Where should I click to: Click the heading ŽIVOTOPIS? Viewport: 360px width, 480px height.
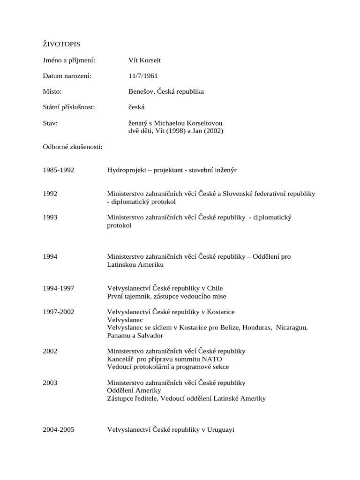click(x=61, y=44)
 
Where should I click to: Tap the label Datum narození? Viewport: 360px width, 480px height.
click(x=67, y=75)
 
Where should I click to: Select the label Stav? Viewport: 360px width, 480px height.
click(x=50, y=123)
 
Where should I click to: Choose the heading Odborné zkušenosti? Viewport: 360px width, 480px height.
click(x=73, y=147)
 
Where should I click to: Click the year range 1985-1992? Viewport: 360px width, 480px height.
click(x=59, y=170)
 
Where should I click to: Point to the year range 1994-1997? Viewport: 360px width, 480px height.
click(x=59, y=288)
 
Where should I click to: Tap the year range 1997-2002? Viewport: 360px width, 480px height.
click(x=59, y=312)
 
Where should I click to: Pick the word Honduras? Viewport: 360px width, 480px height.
click(x=256, y=328)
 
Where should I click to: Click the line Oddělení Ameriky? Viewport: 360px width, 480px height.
click(x=134, y=390)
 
